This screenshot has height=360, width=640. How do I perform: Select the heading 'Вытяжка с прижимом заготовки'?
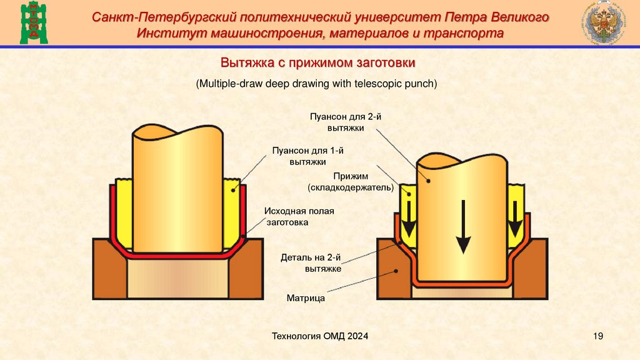317,63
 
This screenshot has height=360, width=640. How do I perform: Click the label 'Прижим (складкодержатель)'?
349,182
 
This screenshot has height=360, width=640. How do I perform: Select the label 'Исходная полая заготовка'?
298,216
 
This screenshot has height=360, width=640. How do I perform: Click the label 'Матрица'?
306,298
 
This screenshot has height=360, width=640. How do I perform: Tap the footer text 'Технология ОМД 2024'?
319,337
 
